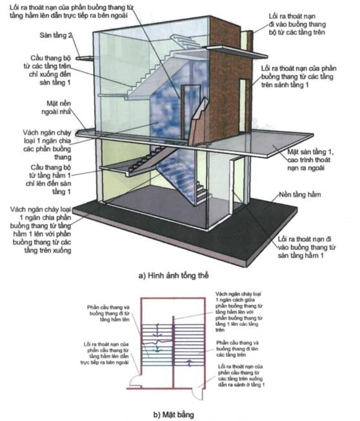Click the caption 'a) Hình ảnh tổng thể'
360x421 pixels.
[174, 275]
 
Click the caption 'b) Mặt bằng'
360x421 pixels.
[174, 415]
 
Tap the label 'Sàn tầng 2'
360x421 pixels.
[55, 35]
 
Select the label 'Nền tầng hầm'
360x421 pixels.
[300, 195]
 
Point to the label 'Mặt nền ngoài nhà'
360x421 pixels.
[56, 108]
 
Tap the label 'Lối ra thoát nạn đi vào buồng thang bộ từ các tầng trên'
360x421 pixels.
[297, 24]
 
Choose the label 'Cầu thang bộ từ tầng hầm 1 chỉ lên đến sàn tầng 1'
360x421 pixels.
[48, 179]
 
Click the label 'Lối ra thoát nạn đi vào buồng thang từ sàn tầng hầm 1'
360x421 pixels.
[306, 247]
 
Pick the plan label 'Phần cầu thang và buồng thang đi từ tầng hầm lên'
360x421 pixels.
[108, 313]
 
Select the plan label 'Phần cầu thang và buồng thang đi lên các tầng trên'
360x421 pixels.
[237, 349]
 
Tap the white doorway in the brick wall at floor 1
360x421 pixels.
[243, 106]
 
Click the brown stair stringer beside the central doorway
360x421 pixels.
[198, 122]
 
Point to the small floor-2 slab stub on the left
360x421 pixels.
[84, 58]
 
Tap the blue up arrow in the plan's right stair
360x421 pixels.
[190, 363]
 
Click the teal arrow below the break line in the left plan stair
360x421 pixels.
[157, 349]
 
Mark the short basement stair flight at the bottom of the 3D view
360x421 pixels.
[201, 193]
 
